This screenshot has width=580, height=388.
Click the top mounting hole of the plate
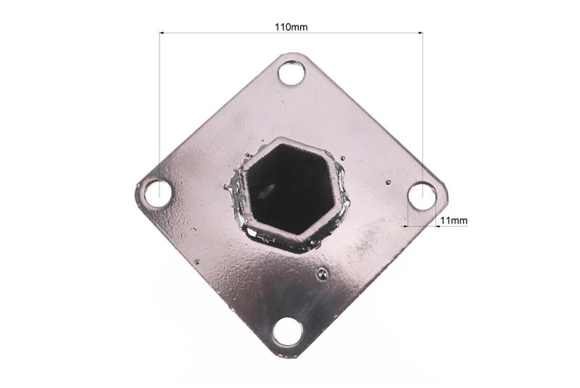[x=291, y=73]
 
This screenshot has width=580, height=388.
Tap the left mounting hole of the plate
[x=158, y=194]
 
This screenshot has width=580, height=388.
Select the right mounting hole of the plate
[x=422, y=196]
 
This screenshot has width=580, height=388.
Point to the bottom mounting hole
[x=287, y=331]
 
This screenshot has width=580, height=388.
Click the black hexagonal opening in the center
[x=291, y=189]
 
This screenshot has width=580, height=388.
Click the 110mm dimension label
[x=291, y=27]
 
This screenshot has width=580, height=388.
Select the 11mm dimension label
[x=454, y=220]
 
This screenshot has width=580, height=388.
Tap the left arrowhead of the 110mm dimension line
[x=162, y=33]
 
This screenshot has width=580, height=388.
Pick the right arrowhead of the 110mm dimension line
[x=420, y=33]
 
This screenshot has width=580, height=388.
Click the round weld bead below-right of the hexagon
[x=322, y=273]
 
